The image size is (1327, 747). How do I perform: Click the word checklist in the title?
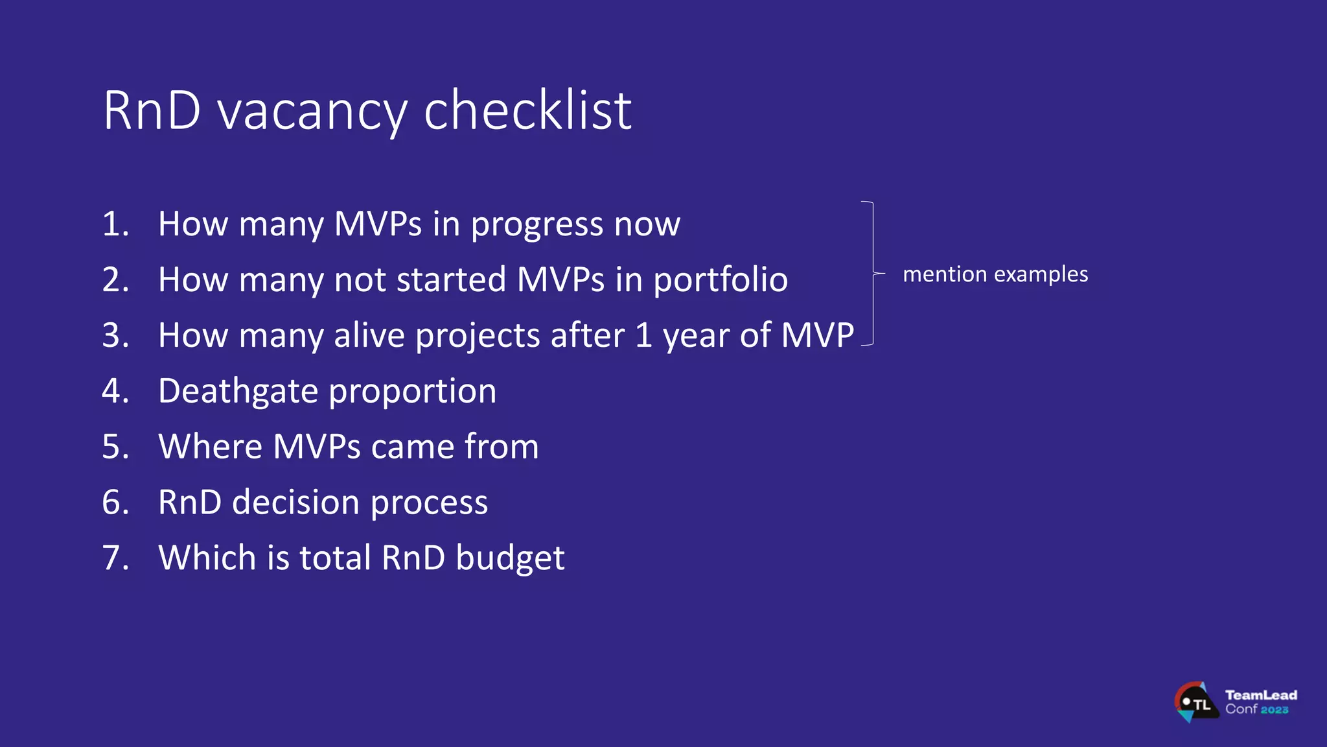527,110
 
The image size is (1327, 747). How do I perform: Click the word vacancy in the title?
312,112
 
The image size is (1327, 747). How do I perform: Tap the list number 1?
115,224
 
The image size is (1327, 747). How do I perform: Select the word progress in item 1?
537,225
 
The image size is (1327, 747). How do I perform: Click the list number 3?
115,335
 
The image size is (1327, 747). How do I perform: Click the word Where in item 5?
211,447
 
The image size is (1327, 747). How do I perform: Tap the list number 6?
115,503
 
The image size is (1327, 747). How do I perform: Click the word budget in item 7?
509,559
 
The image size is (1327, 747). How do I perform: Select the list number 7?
115,558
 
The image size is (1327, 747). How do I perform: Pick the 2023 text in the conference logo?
1274,710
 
